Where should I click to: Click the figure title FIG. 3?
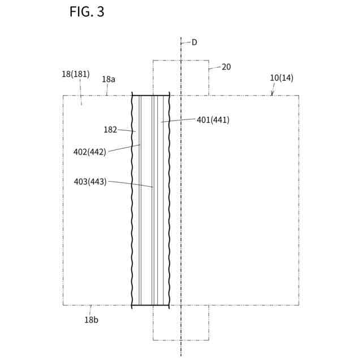coord(87,11)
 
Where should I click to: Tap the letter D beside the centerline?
coord(194,42)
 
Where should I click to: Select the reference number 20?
coord(226,67)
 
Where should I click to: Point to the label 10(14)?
coord(281,77)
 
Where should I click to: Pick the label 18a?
coord(108,79)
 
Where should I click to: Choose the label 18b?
coord(91,320)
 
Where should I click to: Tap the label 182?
coord(110,130)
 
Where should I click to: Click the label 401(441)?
coord(213,120)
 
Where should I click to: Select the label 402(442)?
coord(89,152)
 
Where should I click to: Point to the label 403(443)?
coord(90,182)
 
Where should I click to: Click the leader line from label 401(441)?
coord(178,120)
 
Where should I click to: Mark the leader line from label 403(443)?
coord(130,184)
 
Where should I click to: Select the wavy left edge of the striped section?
coord(132,198)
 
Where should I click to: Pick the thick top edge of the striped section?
coord(150,96)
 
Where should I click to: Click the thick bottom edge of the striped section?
coord(150,305)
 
